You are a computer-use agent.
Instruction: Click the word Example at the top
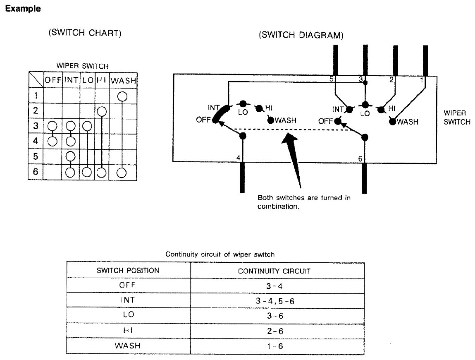click(22, 9)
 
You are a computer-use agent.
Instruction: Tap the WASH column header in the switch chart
click(124, 80)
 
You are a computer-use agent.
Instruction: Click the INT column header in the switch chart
click(71, 80)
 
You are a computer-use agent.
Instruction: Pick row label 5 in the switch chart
click(36, 156)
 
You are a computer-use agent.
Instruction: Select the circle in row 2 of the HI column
click(102, 111)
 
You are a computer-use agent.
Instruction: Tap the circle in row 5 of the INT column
click(71, 156)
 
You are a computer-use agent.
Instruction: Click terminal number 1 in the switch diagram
click(421, 80)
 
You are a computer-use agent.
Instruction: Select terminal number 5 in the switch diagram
click(332, 79)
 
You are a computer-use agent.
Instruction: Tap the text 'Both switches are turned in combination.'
click(303, 202)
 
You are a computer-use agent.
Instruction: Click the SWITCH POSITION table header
click(128, 271)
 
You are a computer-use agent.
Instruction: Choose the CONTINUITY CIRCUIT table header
click(274, 271)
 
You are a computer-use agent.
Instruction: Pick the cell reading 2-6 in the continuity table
click(274, 331)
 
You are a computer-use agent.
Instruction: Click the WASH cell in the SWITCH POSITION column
click(127, 346)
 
